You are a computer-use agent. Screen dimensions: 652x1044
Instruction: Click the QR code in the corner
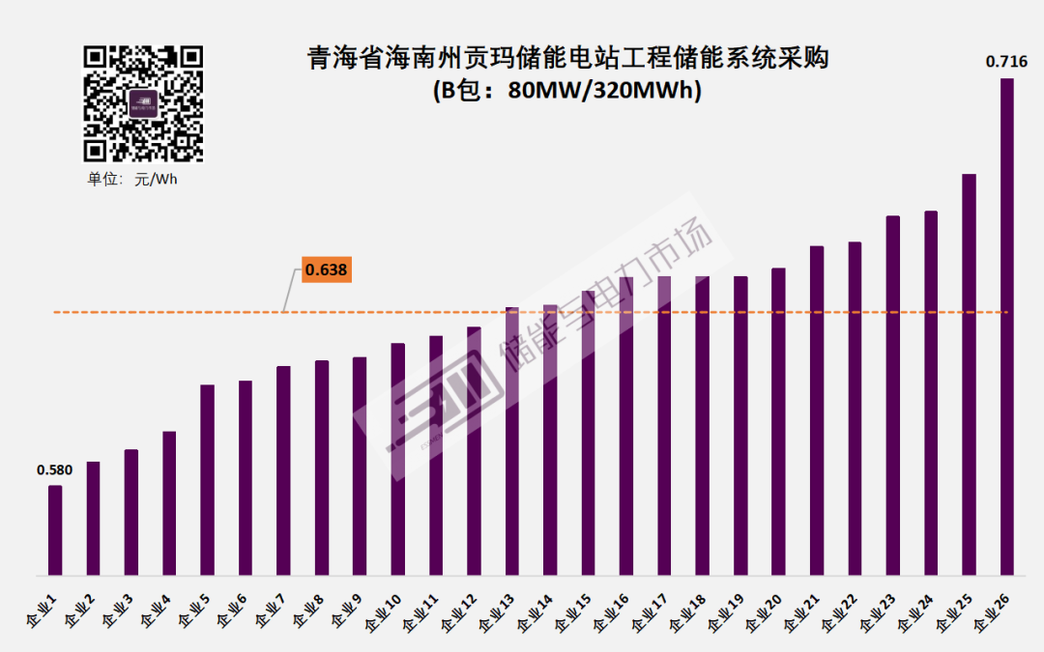(143, 103)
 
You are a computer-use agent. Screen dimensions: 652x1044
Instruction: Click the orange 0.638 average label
(326, 270)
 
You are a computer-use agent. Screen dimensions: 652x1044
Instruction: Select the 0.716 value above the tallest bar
(1005, 62)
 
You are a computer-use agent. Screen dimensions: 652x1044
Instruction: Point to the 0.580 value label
(55, 470)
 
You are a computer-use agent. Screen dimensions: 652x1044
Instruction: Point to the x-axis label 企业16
(611, 614)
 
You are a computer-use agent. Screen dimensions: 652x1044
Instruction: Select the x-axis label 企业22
(839, 614)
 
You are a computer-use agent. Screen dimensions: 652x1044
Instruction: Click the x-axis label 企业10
(383, 614)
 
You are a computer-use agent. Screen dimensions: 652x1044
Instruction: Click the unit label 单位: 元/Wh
(132, 180)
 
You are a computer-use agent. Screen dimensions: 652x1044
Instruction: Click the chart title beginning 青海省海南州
(567, 58)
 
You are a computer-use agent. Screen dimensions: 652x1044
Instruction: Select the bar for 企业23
(892, 395)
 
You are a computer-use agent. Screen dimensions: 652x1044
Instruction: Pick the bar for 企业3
(131, 512)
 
